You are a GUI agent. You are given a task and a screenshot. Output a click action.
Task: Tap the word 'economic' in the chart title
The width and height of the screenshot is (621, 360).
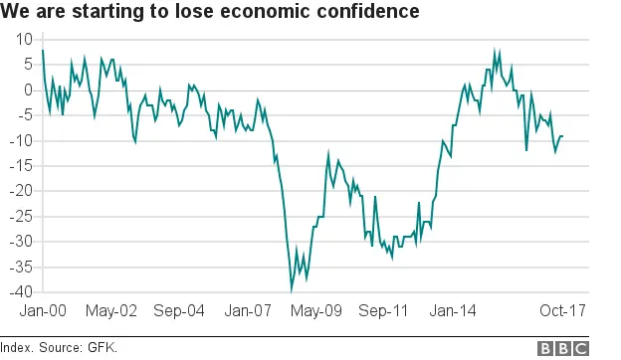click(x=254, y=12)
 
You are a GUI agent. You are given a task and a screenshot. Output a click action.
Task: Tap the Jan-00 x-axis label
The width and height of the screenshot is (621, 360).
click(x=44, y=311)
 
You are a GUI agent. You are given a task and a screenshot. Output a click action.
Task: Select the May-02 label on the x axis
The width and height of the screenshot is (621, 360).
click(x=111, y=311)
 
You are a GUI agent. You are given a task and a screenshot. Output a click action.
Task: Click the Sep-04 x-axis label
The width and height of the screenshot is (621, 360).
click(x=179, y=311)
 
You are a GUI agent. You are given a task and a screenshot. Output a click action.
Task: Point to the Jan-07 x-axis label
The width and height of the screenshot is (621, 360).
click(x=247, y=311)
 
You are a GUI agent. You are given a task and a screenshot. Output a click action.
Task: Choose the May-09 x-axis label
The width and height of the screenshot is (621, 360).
click(x=315, y=311)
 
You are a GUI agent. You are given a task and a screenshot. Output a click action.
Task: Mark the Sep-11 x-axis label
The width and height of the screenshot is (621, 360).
click(x=383, y=311)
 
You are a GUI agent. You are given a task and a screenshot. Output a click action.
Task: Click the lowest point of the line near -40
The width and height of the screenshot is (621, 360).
click(x=292, y=289)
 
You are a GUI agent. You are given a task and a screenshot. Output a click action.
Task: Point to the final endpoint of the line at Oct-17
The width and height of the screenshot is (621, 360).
click(x=563, y=136)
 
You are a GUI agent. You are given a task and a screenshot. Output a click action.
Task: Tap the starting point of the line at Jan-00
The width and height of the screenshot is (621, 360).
click(x=43, y=50)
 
